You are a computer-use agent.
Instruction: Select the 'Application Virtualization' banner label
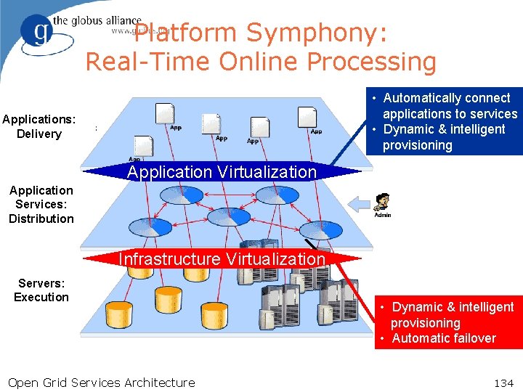(222, 172)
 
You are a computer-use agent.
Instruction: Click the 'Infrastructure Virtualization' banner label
(222, 259)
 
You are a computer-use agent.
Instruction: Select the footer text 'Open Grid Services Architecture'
(101, 383)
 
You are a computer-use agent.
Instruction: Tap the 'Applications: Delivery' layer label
(38, 126)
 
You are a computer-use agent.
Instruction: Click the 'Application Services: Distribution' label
(41, 204)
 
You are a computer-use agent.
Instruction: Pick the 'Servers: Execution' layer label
(41, 290)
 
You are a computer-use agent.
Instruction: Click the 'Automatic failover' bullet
(444, 338)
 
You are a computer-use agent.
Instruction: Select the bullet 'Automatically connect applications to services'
(450, 106)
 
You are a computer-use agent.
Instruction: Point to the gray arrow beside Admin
(361, 202)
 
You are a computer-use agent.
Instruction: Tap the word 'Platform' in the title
(186, 33)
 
